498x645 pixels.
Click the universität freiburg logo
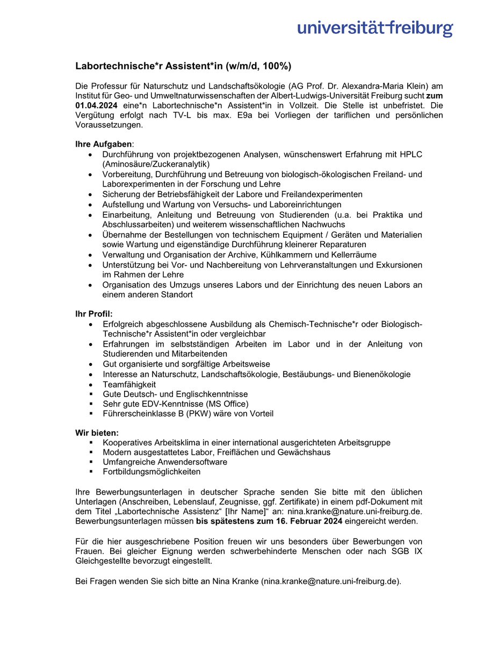coord(375,27)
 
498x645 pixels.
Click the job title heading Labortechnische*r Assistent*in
coord(183,66)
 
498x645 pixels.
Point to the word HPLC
coord(410,154)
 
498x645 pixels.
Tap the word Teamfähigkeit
coord(129,384)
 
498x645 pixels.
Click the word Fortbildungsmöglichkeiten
coord(151,471)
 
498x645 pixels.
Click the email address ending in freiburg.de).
coord(331,581)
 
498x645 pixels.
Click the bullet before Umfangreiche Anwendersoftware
coord(91,462)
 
